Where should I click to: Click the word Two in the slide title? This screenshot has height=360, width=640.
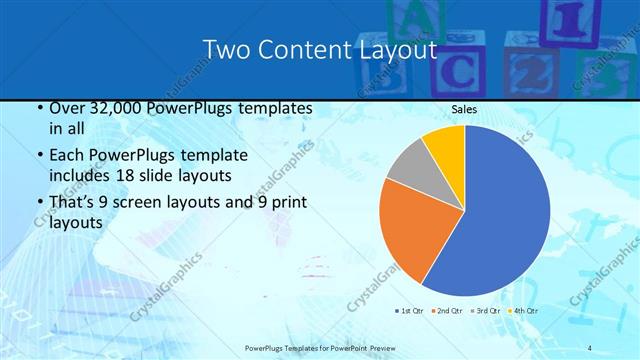click(x=226, y=49)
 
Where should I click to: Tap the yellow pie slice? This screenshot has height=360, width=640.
click(x=444, y=145)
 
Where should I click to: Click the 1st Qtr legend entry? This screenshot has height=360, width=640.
click(x=410, y=311)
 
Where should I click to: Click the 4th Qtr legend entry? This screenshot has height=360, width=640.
click(x=525, y=311)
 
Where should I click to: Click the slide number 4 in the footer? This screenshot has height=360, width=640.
click(x=591, y=347)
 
